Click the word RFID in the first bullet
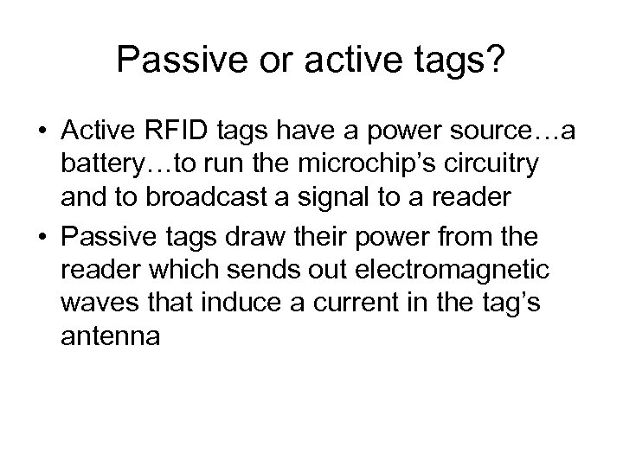click(166, 132)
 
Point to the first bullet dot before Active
click(42, 132)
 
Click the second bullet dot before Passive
click(42, 236)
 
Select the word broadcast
click(189, 202)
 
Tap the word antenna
click(111, 340)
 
